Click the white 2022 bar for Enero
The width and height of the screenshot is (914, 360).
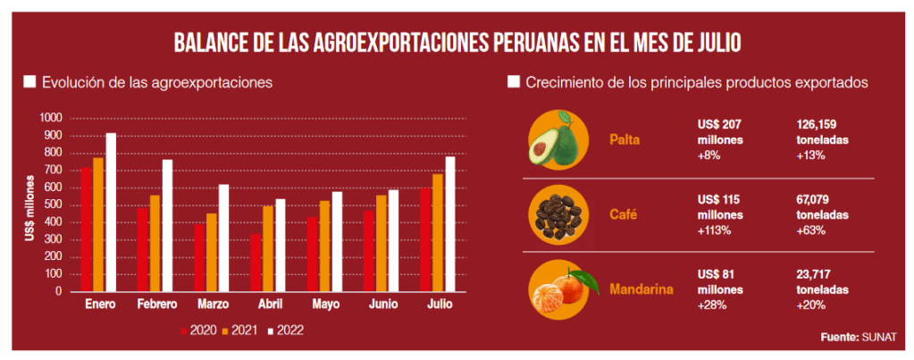click(x=111, y=213)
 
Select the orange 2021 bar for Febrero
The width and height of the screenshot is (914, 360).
click(x=155, y=243)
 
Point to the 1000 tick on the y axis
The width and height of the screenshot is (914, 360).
click(x=51, y=118)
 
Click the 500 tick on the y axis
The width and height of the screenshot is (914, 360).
click(x=54, y=205)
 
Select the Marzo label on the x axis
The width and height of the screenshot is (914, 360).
click(x=213, y=306)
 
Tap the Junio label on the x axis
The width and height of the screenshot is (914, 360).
click(x=382, y=306)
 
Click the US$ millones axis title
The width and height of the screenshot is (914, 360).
click(x=30, y=205)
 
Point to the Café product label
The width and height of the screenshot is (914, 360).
click(x=623, y=214)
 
